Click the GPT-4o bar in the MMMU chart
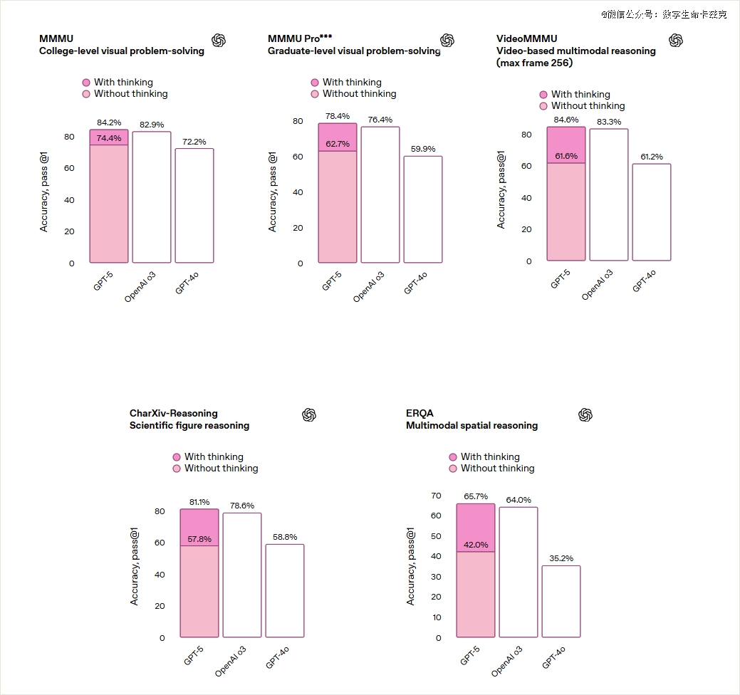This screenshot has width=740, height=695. [194, 205]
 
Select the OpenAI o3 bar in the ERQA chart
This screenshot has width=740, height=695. [518, 572]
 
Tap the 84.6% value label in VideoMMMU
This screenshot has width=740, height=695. [566, 120]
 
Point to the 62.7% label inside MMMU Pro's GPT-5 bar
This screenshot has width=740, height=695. [338, 144]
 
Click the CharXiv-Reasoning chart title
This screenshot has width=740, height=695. [174, 413]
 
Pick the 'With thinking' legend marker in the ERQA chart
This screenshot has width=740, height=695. [453, 457]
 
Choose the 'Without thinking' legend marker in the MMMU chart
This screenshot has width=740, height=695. [86, 94]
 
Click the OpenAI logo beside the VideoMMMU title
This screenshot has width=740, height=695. [676, 41]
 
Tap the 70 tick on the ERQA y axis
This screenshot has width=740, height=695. [436, 496]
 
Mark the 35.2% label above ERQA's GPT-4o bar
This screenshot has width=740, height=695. [561, 558]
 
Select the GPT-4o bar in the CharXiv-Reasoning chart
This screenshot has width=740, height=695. [285, 590]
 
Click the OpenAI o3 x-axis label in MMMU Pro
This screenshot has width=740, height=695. [369, 286]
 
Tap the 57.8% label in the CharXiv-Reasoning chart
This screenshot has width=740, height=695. [199, 539]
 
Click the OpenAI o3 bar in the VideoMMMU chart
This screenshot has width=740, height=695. [609, 194]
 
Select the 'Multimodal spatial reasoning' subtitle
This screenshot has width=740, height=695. [471, 426]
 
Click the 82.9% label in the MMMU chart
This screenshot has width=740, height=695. [152, 125]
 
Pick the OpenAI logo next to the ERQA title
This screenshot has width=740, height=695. [585, 415]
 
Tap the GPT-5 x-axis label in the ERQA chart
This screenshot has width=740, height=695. [470, 654]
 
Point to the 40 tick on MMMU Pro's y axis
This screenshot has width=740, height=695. [298, 192]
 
